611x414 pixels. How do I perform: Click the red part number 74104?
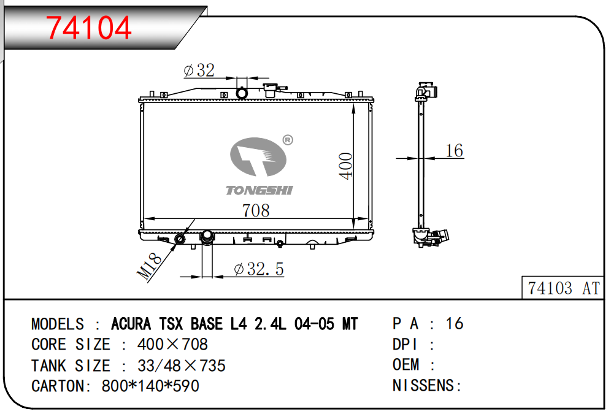88,28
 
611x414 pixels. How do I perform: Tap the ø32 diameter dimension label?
199,70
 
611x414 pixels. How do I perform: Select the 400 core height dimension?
345,166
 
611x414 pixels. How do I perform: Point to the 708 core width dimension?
256,211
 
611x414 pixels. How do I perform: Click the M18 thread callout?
149,267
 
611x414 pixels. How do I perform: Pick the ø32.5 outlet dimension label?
259,269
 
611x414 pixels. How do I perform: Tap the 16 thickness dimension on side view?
454,151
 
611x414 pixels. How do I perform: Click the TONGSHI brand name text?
259,190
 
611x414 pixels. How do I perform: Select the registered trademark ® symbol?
288,140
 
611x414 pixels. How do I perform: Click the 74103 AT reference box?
563,288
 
